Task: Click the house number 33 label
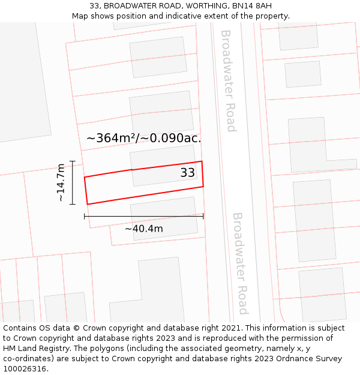[x=188, y=173]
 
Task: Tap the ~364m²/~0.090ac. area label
[x=144, y=138]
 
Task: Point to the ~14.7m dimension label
[x=61, y=182]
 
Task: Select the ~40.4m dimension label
[x=143, y=229]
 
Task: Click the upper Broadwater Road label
[x=229, y=80]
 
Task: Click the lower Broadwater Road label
[x=240, y=263]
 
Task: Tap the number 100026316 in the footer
[x=24, y=369]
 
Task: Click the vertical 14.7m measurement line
[x=73, y=182]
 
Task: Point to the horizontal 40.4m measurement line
[x=143, y=216]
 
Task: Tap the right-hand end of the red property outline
[x=202, y=174]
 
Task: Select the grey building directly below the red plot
[x=164, y=218]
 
